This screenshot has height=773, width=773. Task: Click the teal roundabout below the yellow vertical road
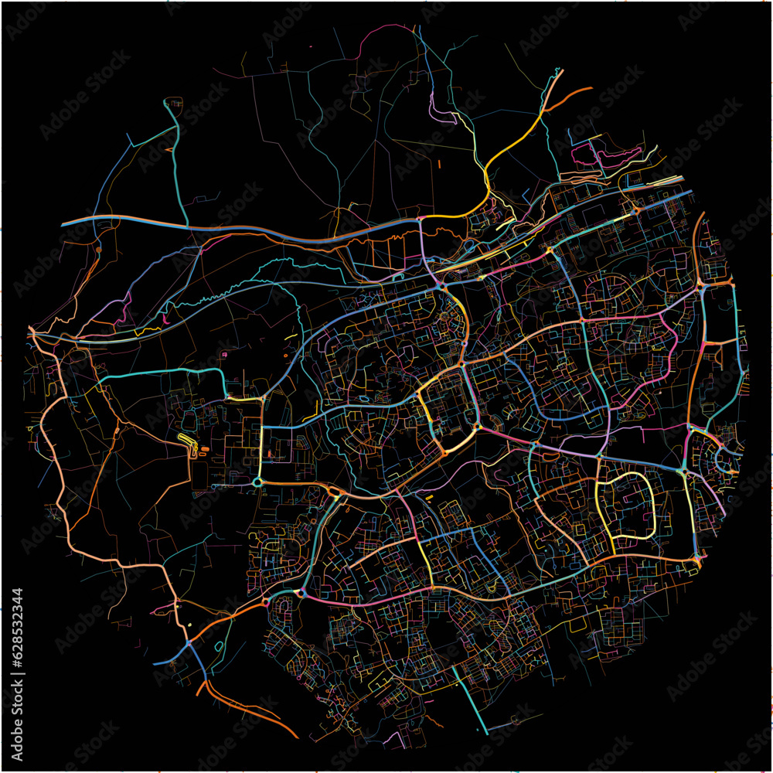pyautogui.click(x=257, y=482)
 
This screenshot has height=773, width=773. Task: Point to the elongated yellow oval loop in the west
pyautogui.click(x=186, y=440)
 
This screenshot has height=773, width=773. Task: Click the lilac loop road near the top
pyautogui.click(x=442, y=115)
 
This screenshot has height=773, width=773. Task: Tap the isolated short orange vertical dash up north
pyautogui.click(x=438, y=164)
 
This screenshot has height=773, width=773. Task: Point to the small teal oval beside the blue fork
pyautogui.click(x=219, y=645)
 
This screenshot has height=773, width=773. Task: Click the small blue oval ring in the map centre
pyautogui.click(x=364, y=400)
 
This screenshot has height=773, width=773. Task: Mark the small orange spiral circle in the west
pyautogui.click(x=98, y=250)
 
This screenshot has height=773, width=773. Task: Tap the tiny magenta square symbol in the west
pyautogui.click(x=224, y=355)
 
